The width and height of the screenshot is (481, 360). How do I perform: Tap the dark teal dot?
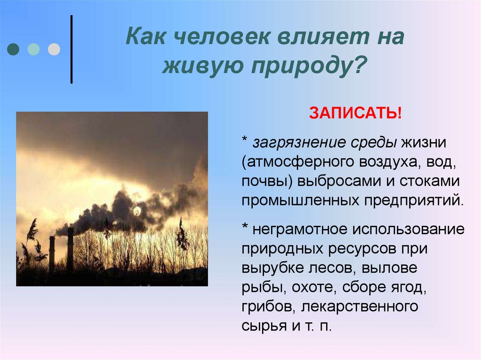[x=14, y=49]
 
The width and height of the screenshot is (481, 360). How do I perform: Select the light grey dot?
[x=54, y=49]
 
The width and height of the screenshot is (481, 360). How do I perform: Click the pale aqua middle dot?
[x=34, y=49]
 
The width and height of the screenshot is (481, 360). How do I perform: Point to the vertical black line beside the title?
[x=71, y=49]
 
